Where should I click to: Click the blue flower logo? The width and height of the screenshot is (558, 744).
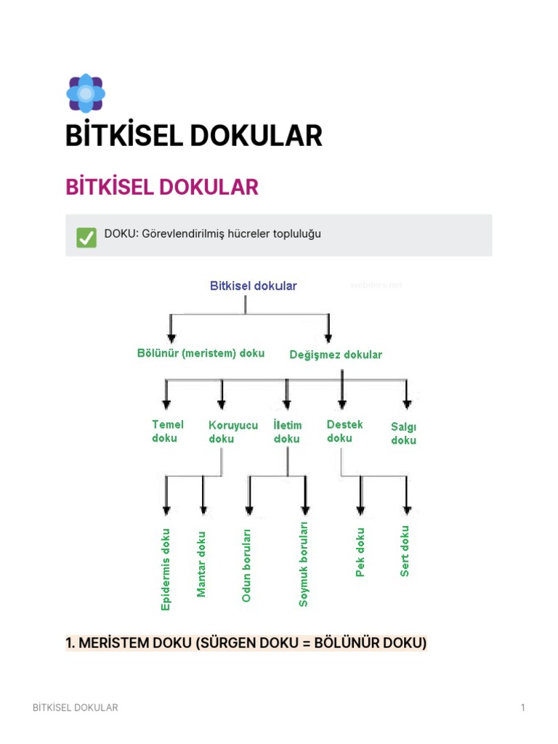[86, 92]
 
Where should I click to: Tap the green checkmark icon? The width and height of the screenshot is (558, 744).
[86, 236]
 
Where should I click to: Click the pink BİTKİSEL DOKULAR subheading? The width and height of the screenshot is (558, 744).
[162, 187]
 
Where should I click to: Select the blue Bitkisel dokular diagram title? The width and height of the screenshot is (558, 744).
[253, 286]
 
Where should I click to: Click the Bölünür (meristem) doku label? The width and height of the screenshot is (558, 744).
[201, 353]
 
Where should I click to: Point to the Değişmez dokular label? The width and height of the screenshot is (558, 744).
[335, 355]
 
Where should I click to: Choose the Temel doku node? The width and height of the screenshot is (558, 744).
[167, 431]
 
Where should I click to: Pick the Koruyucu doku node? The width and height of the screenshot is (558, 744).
[232, 432]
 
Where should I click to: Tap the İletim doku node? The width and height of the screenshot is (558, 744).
[287, 432]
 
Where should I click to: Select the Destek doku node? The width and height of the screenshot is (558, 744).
[344, 431]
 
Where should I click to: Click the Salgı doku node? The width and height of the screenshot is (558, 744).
[403, 434]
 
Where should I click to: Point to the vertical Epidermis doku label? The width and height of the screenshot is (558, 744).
[166, 568]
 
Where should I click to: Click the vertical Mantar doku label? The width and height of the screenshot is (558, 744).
[202, 564]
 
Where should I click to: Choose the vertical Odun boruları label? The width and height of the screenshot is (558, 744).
[246, 565]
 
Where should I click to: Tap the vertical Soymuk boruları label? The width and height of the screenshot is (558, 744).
[304, 563]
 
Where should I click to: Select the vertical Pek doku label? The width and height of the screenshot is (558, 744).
[360, 552]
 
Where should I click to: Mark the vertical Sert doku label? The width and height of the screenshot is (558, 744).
[405, 551]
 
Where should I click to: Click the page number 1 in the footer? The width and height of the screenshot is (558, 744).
[522, 707]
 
